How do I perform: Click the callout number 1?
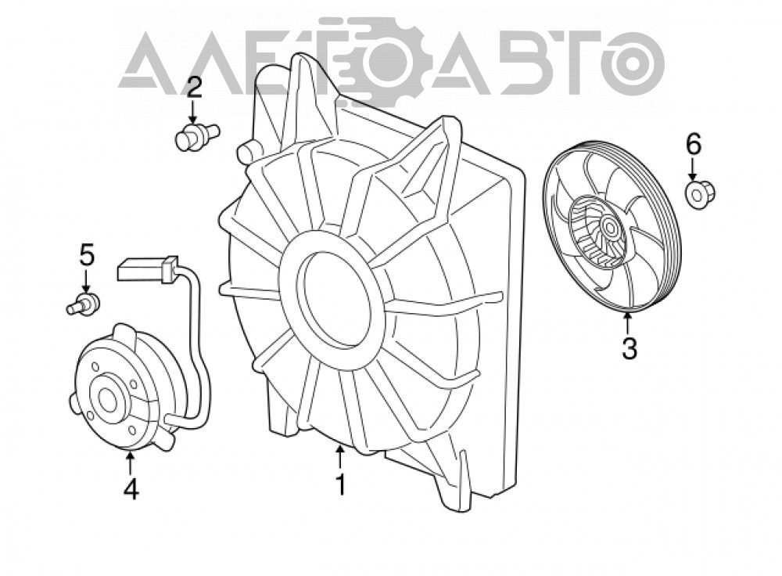click(341, 485)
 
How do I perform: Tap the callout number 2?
click(195, 88)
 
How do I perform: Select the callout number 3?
click(630, 348)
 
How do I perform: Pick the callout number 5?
click(87, 256)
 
